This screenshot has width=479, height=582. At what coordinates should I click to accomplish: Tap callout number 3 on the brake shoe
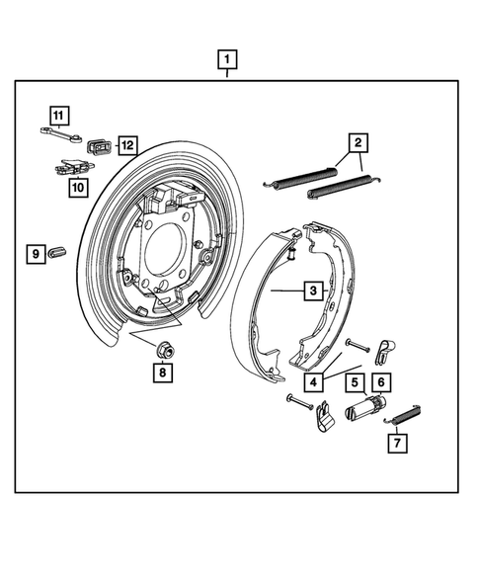pos(312,291)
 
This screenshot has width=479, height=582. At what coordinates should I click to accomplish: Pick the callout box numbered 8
pos(160,373)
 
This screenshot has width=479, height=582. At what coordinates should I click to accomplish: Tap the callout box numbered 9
pos(36,254)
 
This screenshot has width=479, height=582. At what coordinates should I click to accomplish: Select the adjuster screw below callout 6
pos(364,406)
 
